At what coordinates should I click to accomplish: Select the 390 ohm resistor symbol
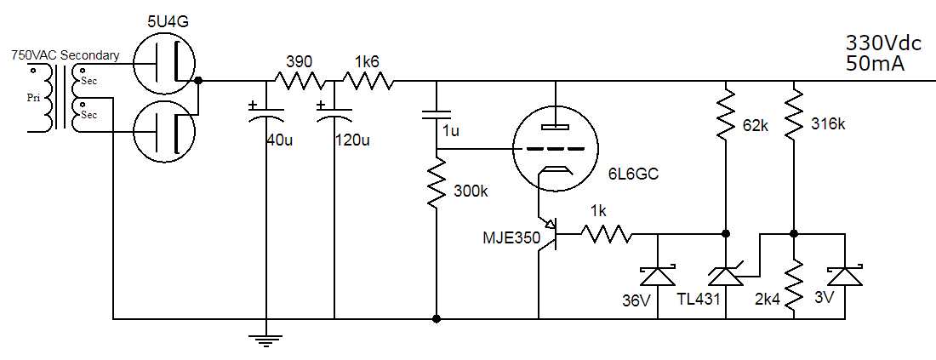click(x=299, y=82)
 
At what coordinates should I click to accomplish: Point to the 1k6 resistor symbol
click(x=368, y=82)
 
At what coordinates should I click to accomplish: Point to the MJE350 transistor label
click(x=511, y=239)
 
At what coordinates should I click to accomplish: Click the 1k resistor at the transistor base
click(x=606, y=233)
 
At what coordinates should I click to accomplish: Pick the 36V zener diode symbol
click(x=658, y=275)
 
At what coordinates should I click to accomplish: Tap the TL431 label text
click(x=697, y=300)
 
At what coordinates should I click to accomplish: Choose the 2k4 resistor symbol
click(x=793, y=285)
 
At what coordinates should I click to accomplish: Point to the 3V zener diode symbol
click(x=845, y=275)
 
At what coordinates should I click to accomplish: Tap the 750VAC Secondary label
click(x=65, y=55)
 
